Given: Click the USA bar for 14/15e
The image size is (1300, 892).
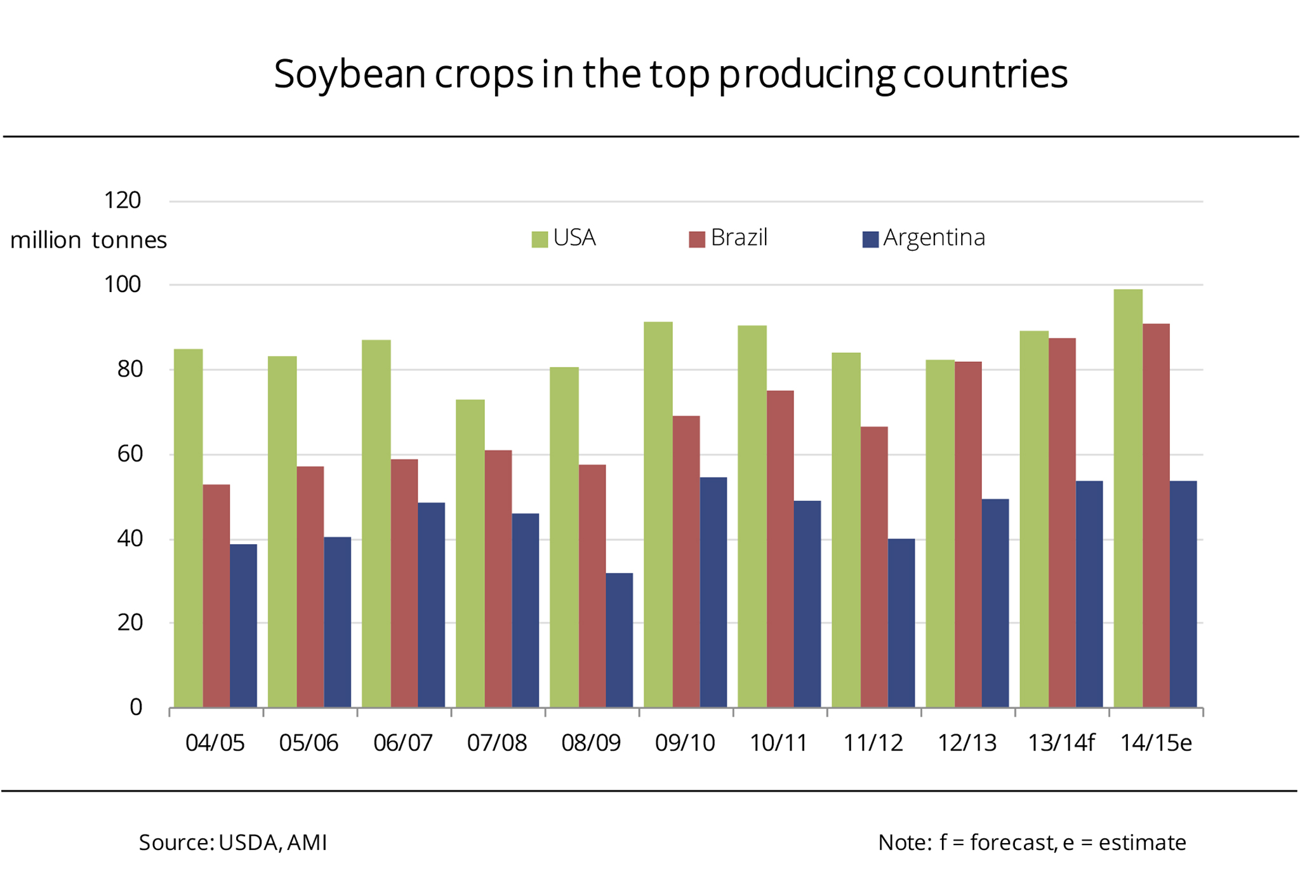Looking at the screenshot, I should [1128, 498].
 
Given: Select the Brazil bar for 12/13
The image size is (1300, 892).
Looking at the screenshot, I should [968, 535].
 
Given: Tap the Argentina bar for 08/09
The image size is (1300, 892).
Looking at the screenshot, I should [619, 640].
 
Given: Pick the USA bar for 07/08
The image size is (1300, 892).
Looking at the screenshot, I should [470, 553].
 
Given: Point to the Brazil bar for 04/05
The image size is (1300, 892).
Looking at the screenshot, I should [216, 596].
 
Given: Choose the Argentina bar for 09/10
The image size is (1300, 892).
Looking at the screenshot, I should [713, 592].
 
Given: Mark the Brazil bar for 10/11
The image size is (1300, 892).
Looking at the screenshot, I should [780, 549].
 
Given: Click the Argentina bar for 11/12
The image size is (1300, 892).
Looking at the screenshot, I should [901, 623].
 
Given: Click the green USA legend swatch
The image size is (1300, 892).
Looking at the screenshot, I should [540, 239].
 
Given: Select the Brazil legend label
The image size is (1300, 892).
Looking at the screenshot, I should [739, 237].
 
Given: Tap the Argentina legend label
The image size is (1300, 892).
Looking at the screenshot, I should [934, 237].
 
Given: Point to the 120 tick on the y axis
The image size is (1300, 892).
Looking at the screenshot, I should [122, 201].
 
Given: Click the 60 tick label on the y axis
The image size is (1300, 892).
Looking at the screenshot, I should [129, 454].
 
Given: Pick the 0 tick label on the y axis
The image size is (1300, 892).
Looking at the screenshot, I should [136, 707].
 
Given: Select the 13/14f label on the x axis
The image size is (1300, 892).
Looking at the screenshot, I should [1061, 743].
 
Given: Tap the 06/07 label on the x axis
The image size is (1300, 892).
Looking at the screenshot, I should [403, 743].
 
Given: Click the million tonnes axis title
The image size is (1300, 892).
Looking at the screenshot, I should [88, 240].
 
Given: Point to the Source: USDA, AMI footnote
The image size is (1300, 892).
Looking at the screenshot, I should [233, 842].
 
